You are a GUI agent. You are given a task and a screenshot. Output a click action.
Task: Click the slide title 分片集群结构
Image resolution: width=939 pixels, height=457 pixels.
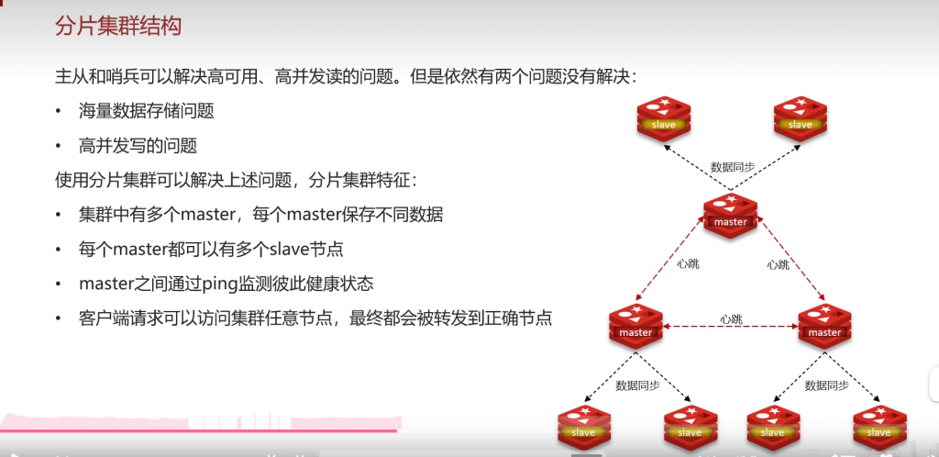click(118, 26)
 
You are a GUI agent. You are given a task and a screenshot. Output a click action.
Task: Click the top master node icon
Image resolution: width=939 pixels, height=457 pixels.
click(731, 216)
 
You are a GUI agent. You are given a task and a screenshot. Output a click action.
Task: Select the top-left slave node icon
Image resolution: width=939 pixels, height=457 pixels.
click(664, 118)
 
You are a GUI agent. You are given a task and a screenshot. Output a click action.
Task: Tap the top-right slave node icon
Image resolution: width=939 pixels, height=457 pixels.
click(800, 118)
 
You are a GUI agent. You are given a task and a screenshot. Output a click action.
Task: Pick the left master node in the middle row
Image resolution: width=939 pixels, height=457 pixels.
click(635, 326)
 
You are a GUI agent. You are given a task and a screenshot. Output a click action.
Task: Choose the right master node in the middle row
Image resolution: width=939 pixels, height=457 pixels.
click(824, 326)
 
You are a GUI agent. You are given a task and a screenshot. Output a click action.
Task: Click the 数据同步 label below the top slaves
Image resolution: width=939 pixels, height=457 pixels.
click(733, 167)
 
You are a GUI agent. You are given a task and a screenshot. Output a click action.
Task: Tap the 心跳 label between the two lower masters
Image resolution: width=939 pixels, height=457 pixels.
click(731, 319)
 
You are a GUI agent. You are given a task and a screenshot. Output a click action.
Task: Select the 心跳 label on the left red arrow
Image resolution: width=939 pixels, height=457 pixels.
click(688, 264)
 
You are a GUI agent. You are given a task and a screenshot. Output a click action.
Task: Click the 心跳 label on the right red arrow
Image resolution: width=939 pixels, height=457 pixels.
click(778, 264)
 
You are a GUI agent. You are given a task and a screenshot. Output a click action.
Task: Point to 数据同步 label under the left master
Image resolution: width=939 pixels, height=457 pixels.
click(637, 385)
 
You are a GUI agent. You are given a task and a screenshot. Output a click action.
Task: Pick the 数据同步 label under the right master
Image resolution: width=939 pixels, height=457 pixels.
click(826, 385)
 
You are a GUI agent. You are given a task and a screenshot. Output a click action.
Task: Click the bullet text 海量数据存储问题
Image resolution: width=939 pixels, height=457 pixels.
click(147, 112)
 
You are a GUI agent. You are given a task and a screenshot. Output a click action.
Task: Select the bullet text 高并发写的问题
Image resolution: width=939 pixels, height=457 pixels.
click(138, 146)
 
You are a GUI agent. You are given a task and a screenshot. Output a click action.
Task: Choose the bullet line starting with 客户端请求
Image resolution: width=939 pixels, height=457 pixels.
click(315, 318)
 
